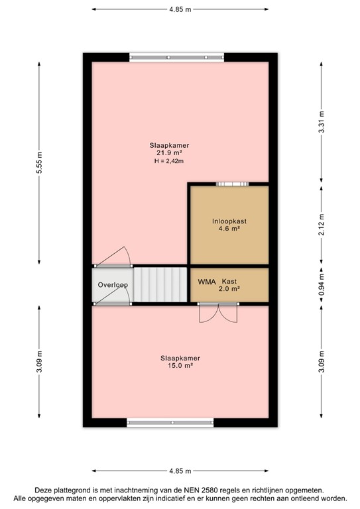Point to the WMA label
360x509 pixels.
(x=206, y=281)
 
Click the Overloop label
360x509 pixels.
(x=113, y=285)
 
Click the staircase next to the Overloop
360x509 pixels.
(x=159, y=285)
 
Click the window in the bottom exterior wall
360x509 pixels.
(x=170, y=422)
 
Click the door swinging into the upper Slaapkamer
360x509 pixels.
(x=113, y=256)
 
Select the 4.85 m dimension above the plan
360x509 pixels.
(x=180, y=9)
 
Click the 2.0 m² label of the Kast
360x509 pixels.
(x=229, y=289)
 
